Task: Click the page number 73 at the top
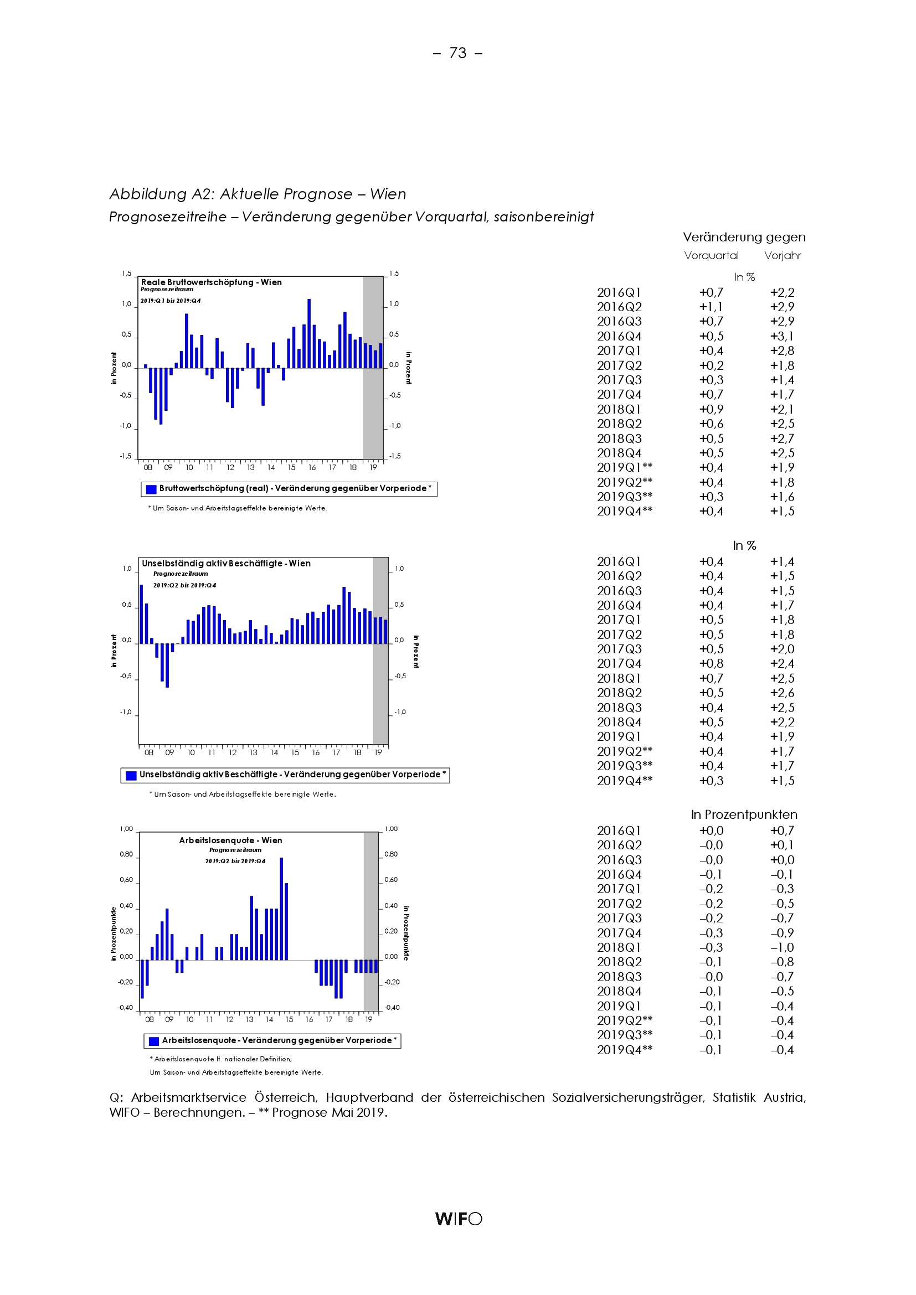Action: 457,53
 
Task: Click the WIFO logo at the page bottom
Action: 458,1218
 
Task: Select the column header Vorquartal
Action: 711,255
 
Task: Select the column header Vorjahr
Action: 783,255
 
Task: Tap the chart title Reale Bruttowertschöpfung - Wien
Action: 211,282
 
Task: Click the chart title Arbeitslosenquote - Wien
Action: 230,840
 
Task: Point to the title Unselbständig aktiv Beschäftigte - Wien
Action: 225,563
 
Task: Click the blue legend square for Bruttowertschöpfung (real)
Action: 151,489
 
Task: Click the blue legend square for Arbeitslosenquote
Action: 153,1041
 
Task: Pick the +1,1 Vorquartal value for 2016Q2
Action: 711,307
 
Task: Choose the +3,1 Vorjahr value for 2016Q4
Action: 783,336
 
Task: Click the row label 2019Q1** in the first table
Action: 624,468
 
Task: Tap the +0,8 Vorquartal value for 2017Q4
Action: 711,663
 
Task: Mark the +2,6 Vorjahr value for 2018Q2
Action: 783,693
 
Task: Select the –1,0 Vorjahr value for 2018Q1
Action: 783,947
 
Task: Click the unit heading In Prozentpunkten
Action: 744,814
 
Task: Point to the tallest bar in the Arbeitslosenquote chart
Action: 281,908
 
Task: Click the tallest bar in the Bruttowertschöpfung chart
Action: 309,333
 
